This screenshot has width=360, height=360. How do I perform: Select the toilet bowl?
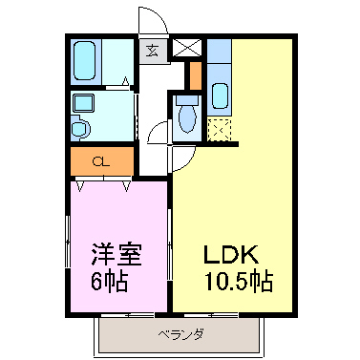(x=186, y=118)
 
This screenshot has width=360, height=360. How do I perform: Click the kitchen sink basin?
(x=219, y=96)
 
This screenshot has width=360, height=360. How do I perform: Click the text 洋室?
(x=116, y=255)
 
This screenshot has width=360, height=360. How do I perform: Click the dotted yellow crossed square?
(x=220, y=128)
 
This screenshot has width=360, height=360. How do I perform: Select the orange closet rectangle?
(x=100, y=161)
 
